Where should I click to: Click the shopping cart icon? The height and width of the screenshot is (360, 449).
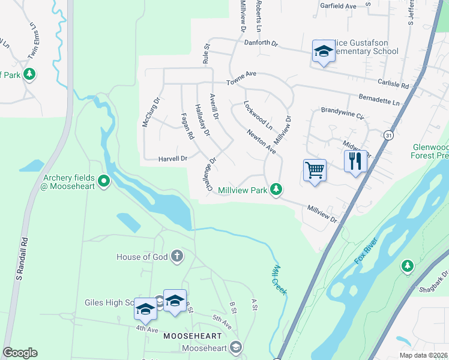[315, 170]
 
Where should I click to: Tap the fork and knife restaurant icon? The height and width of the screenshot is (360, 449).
[355, 161]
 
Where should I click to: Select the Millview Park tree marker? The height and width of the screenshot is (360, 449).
[276, 190]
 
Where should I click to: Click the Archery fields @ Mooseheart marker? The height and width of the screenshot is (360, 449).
[104, 180]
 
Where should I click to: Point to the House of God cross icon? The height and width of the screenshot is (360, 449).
[176, 257]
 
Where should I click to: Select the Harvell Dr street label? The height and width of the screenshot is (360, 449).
[173, 158]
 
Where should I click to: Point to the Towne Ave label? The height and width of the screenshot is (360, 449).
[241, 75]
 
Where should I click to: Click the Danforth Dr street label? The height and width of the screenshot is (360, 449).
[261, 43]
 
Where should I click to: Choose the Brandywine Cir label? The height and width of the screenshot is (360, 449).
[342, 112]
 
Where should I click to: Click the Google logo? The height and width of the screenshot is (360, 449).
[20, 353]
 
